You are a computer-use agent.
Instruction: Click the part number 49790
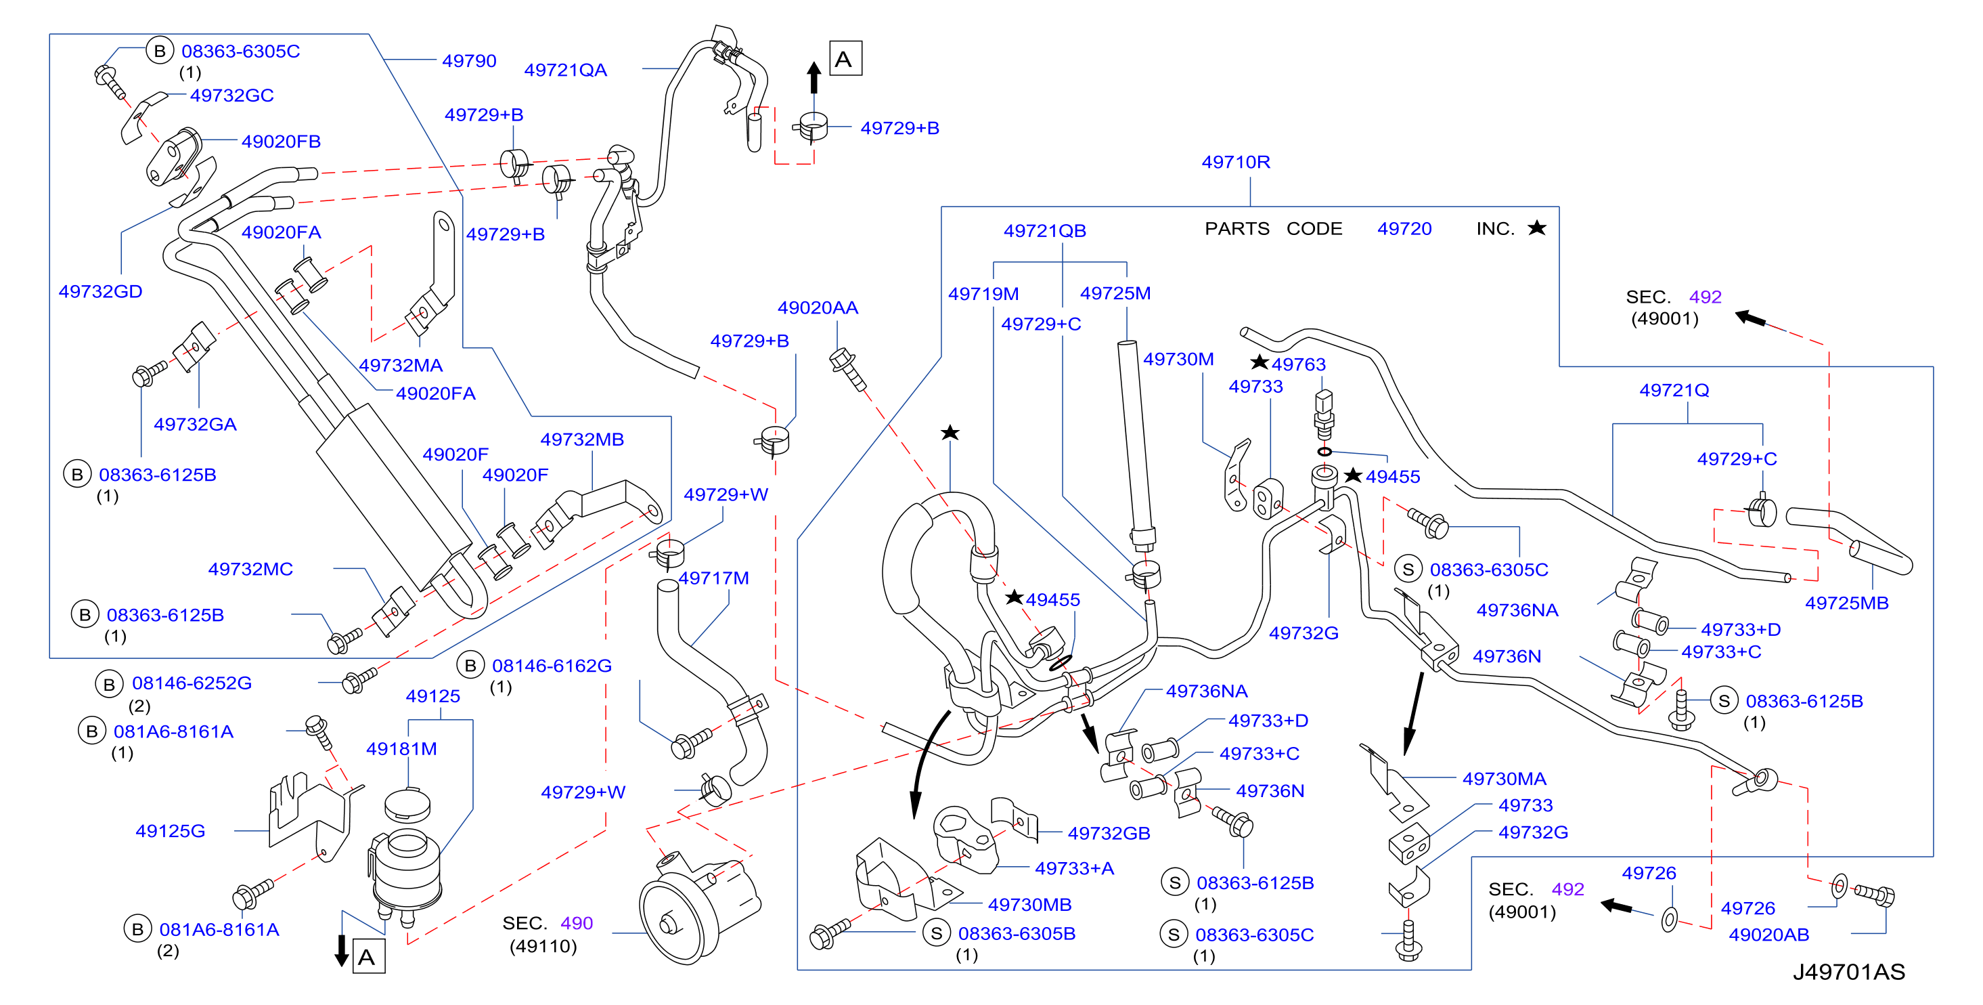pyautogui.click(x=469, y=61)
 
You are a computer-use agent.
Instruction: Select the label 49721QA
pyautogui.click(x=565, y=70)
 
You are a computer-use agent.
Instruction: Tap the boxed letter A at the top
pyautogui.click(x=845, y=58)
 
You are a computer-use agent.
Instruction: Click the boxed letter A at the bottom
pyautogui.click(x=367, y=957)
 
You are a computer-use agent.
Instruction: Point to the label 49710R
pyautogui.click(x=1236, y=162)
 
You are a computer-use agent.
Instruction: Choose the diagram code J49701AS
pyautogui.click(x=1848, y=972)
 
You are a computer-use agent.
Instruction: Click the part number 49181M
pyautogui.click(x=401, y=748)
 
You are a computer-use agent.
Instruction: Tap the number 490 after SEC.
pyautogui.click(x=577, y=922)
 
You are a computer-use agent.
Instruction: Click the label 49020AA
pyautogui.click(x=818, y=307)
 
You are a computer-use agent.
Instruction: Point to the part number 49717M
pyautogui.click(x=713, y=578)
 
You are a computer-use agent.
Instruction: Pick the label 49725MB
pyautogui.click(x=1847, y=603)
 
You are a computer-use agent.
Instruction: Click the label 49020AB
pyautogui.click(x=1769, y=934)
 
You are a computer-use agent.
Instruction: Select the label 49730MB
pyautogui.click(x=1029, y=904)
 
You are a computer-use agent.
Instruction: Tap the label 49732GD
pyautogui.click(x=100, y=291)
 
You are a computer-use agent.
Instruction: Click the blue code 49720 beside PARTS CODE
pyautogui.click(x=1404, y=229)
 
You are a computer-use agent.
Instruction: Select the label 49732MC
pyautogui.click(x=250, y=569)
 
